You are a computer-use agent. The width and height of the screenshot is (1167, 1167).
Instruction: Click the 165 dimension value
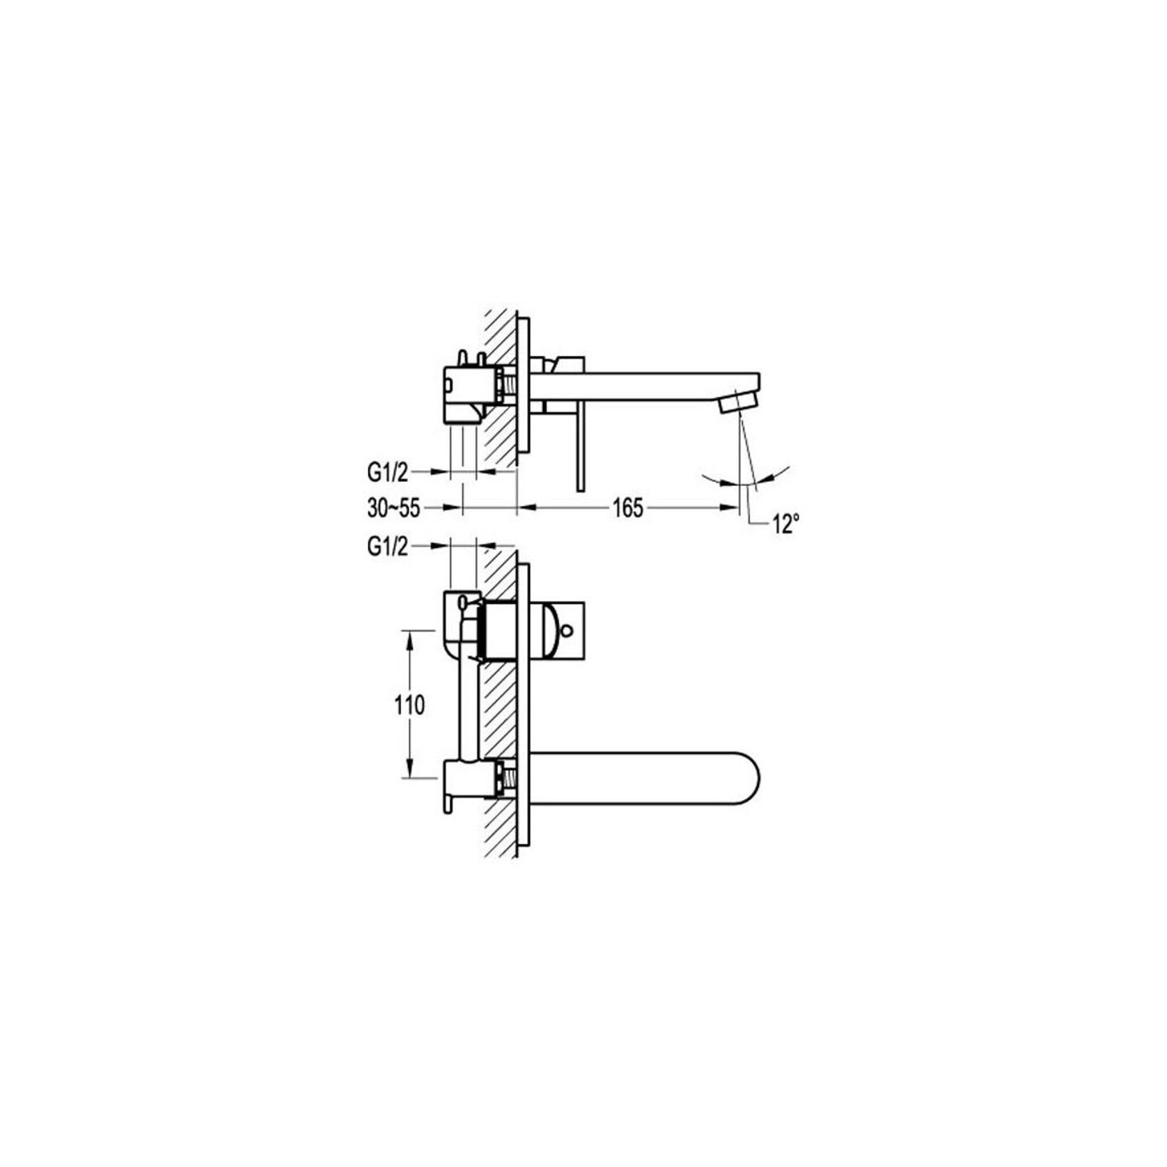click(627, 508)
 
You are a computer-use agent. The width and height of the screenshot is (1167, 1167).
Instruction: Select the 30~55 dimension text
click(393, 508)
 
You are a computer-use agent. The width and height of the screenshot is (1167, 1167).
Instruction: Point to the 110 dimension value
click(409, 705)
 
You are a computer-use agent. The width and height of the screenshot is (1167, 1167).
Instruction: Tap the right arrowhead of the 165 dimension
click(732, 508)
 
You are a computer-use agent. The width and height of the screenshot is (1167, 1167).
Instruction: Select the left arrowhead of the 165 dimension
click(524, 508)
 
